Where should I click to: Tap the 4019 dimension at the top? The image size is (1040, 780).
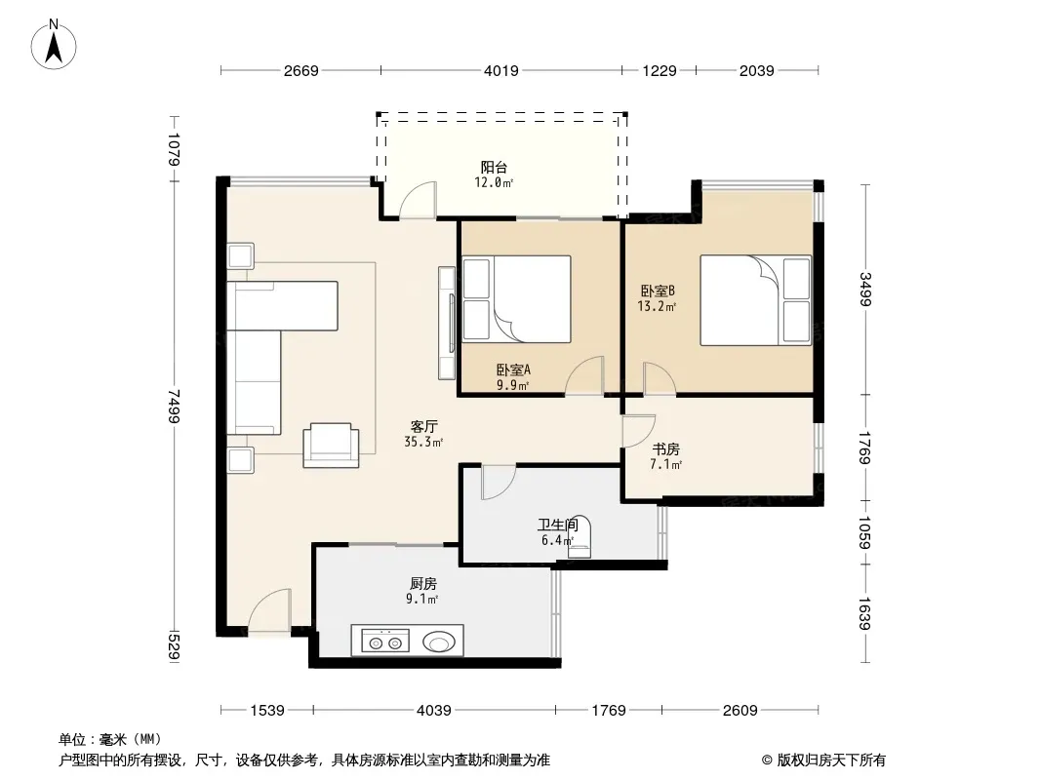coord(500,71)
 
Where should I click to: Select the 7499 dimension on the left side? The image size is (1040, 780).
coord(173,406)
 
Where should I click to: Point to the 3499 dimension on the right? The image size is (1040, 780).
coord(865,289)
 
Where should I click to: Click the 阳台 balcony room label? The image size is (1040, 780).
coord(494,167)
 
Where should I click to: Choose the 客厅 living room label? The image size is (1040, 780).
coord(423,426)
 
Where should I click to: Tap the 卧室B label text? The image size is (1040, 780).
coord(658,291)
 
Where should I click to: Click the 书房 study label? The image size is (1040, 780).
coord(666,449)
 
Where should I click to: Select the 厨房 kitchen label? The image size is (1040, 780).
coord(423,584)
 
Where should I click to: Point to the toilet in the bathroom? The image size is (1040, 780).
coord(580,536)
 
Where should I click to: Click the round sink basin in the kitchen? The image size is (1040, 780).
coord(439,642)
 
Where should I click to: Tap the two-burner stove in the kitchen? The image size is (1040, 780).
coord(385,642)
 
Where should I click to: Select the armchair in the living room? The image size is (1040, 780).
coord(331,445)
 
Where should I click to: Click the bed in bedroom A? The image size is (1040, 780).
coord(517,299)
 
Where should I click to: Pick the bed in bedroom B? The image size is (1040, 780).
coord(756,300)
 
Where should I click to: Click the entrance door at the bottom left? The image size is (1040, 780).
coord(269,610)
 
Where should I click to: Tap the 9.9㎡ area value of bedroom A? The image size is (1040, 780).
coord(513,385)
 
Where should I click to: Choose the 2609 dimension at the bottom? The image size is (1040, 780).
coord(740,711)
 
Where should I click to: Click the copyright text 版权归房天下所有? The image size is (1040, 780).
coord(831,760)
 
